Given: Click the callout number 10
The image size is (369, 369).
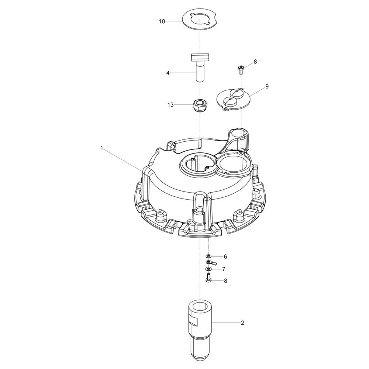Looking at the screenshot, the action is [x=162, y=21].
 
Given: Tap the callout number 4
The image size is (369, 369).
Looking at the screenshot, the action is [x=168, y=73].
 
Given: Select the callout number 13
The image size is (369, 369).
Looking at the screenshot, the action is [x=170, y=105].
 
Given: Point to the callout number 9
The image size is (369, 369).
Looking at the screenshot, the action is [x=267, y=86].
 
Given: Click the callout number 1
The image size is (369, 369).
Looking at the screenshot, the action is [x=102, y=148].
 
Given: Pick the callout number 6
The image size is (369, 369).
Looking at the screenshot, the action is [x=225, y=256].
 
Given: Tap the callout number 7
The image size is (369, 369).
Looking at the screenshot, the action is [x=224, y=269].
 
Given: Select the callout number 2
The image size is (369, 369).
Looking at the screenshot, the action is [x=243, y=323].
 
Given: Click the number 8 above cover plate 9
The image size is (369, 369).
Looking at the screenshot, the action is [x=255, y=62].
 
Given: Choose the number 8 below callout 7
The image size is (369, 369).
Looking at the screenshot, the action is [x=225, y=281].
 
